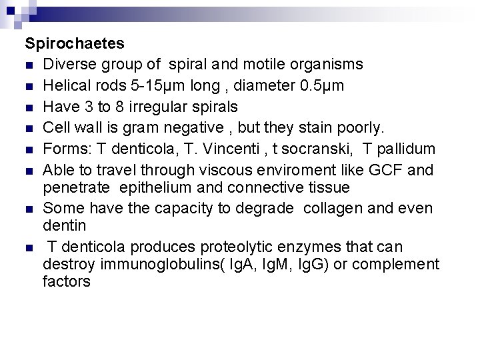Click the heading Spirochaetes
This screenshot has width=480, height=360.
pyautogui.click(x=75, y=44)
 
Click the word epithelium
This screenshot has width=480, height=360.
pyautogui.click(x=150, y=189)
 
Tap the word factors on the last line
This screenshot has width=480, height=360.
pyautogui.click(x=66, y=282)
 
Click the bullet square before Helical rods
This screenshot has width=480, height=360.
pyautogui.click(x=30, y=87)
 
